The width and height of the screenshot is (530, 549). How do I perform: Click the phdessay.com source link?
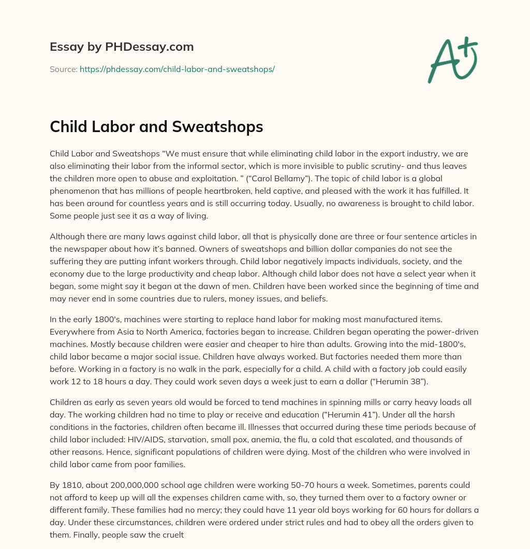[x=177, y=69]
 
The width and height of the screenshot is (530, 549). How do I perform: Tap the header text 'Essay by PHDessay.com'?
[x=122, y=47]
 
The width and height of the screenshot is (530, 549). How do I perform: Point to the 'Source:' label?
[x=63, y=69]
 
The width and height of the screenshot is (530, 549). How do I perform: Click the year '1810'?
[x=71, y=484]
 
